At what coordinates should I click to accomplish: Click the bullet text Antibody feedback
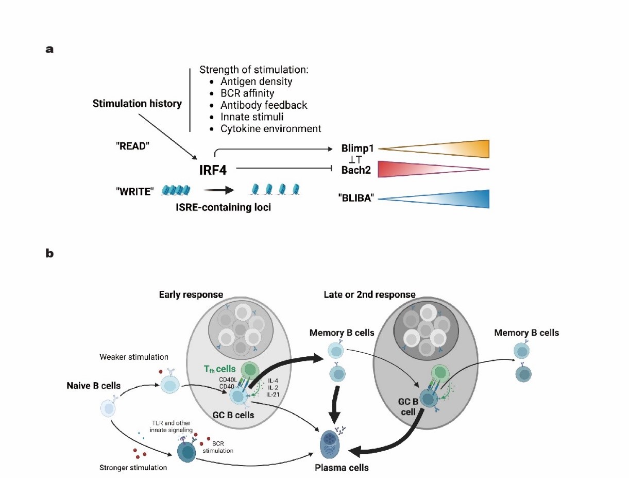click(x=264, y=105)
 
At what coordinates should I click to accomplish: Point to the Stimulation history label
click(x=137, y=104)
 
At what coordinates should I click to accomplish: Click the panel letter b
click(x=50, y=253)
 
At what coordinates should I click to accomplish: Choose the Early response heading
click(x=191, y=294)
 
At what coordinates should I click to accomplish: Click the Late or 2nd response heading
click(x=369, y=294)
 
